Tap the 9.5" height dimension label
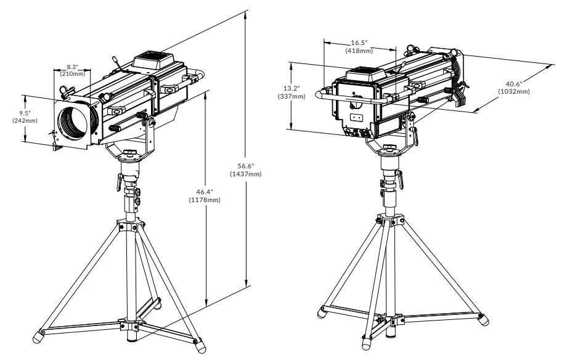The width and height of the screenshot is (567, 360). click(25, 113)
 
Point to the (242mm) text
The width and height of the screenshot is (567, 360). click(25, 121)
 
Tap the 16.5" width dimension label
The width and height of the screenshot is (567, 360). click(358, 43)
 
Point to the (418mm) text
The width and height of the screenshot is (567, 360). click(358, 51)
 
